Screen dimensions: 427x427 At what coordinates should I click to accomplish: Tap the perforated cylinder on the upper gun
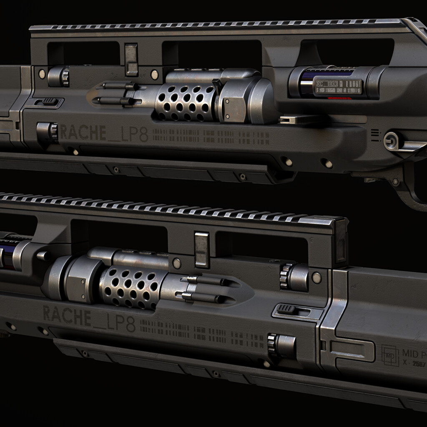pos(185,102)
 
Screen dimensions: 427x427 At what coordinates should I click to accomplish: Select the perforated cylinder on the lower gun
pos(130,288)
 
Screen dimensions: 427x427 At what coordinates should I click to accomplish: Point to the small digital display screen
pos(338,87)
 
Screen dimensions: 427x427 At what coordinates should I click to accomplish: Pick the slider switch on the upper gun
pos(49,101)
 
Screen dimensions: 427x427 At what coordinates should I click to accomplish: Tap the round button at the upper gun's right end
pos(392,141)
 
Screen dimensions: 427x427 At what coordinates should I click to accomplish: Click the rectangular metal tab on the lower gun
pos(202,249)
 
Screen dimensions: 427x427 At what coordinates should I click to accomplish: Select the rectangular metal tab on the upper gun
pos(131,59)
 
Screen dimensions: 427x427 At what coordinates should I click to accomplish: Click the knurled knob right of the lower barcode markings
pos(282,346)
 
